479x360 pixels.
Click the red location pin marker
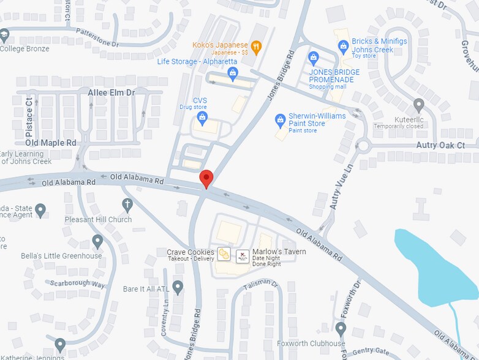pos(206,178)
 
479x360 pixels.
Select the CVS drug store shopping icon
pos(202,116)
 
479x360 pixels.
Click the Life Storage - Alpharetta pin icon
pos(232,73)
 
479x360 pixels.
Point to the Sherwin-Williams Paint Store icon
pos(280,119)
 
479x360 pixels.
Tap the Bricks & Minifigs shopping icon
pos(343,46)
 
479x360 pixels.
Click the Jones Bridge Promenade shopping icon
pos(314,59)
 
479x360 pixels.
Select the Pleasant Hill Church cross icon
pos(127,204)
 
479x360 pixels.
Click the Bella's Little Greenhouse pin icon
pos(97,241)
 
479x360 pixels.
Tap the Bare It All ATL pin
pos(178,286)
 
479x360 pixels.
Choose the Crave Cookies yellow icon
pos(225,255)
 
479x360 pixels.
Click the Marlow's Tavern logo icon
pos(243,255)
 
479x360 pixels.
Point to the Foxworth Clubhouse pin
pos(341,329)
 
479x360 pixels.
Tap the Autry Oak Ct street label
pos(440,145)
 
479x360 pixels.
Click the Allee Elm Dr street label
pos(111,92)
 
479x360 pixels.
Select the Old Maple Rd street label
pos(51,143)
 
